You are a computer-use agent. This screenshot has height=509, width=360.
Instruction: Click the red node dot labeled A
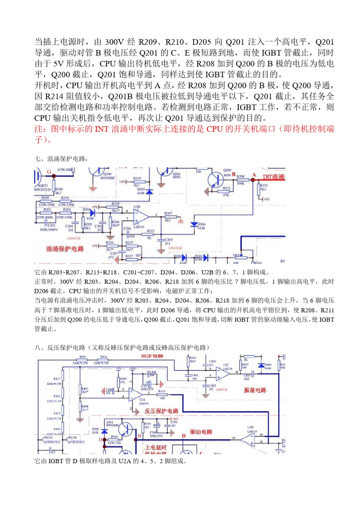pos(253,180)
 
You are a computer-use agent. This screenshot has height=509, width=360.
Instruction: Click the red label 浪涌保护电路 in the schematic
pos(65,249)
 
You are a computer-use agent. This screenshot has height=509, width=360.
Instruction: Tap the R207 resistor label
pos(168,213)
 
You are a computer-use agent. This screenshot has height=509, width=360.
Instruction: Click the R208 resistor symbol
pos(241,180)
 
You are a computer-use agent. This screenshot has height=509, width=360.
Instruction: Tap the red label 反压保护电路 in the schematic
pos(161,411)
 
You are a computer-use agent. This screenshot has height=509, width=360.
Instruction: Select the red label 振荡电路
pos(255,390)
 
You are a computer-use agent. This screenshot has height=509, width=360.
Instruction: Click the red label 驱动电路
pos(201,432)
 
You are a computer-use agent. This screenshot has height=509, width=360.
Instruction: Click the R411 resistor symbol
pos(162,395)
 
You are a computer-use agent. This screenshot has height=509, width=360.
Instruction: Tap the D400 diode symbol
pos(261,365)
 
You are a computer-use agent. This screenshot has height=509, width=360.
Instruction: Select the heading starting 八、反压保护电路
pos(122,348)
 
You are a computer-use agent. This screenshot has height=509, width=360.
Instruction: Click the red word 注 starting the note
pos(38,129)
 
